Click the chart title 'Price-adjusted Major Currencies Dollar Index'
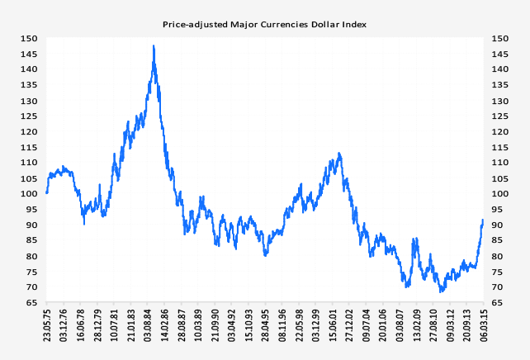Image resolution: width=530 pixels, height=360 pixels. (264, 25)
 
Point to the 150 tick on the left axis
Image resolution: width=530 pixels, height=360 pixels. (29, 38)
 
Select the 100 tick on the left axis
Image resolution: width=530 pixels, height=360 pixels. (29, 193)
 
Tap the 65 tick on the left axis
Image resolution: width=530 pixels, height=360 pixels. (31, 302)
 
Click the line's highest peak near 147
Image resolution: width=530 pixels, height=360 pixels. (154, 46)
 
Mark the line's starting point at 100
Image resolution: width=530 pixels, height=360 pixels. (47, 193)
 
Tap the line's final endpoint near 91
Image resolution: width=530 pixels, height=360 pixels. (483, 220)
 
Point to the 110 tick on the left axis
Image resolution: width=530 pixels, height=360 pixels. (29, 162)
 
